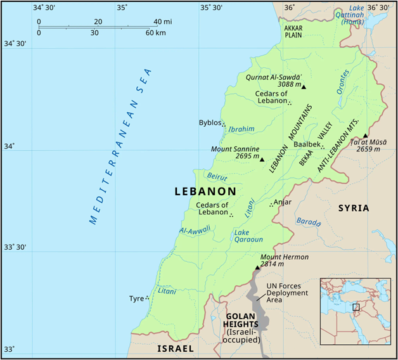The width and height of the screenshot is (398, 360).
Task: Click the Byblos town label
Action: pyautogui.click(x=209, y=122)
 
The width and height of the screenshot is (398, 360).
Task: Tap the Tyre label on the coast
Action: pyautogui.click(x=136, y=298)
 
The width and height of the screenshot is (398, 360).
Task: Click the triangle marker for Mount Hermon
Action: pyautogui.click(x=257, y=268)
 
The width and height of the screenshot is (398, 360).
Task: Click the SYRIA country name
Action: pyautogui.click(x=353, y=208)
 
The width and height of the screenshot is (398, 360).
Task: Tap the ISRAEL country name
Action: pyautogui.click(x=176, y=349)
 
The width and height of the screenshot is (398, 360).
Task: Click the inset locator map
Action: pyautogui.click(x=354, y=311)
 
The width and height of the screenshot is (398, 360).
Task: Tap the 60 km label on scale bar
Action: pyautogui.click(x=156, y=32)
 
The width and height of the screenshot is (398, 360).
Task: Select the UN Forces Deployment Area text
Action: pyautogui.click(x=286, y=293)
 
